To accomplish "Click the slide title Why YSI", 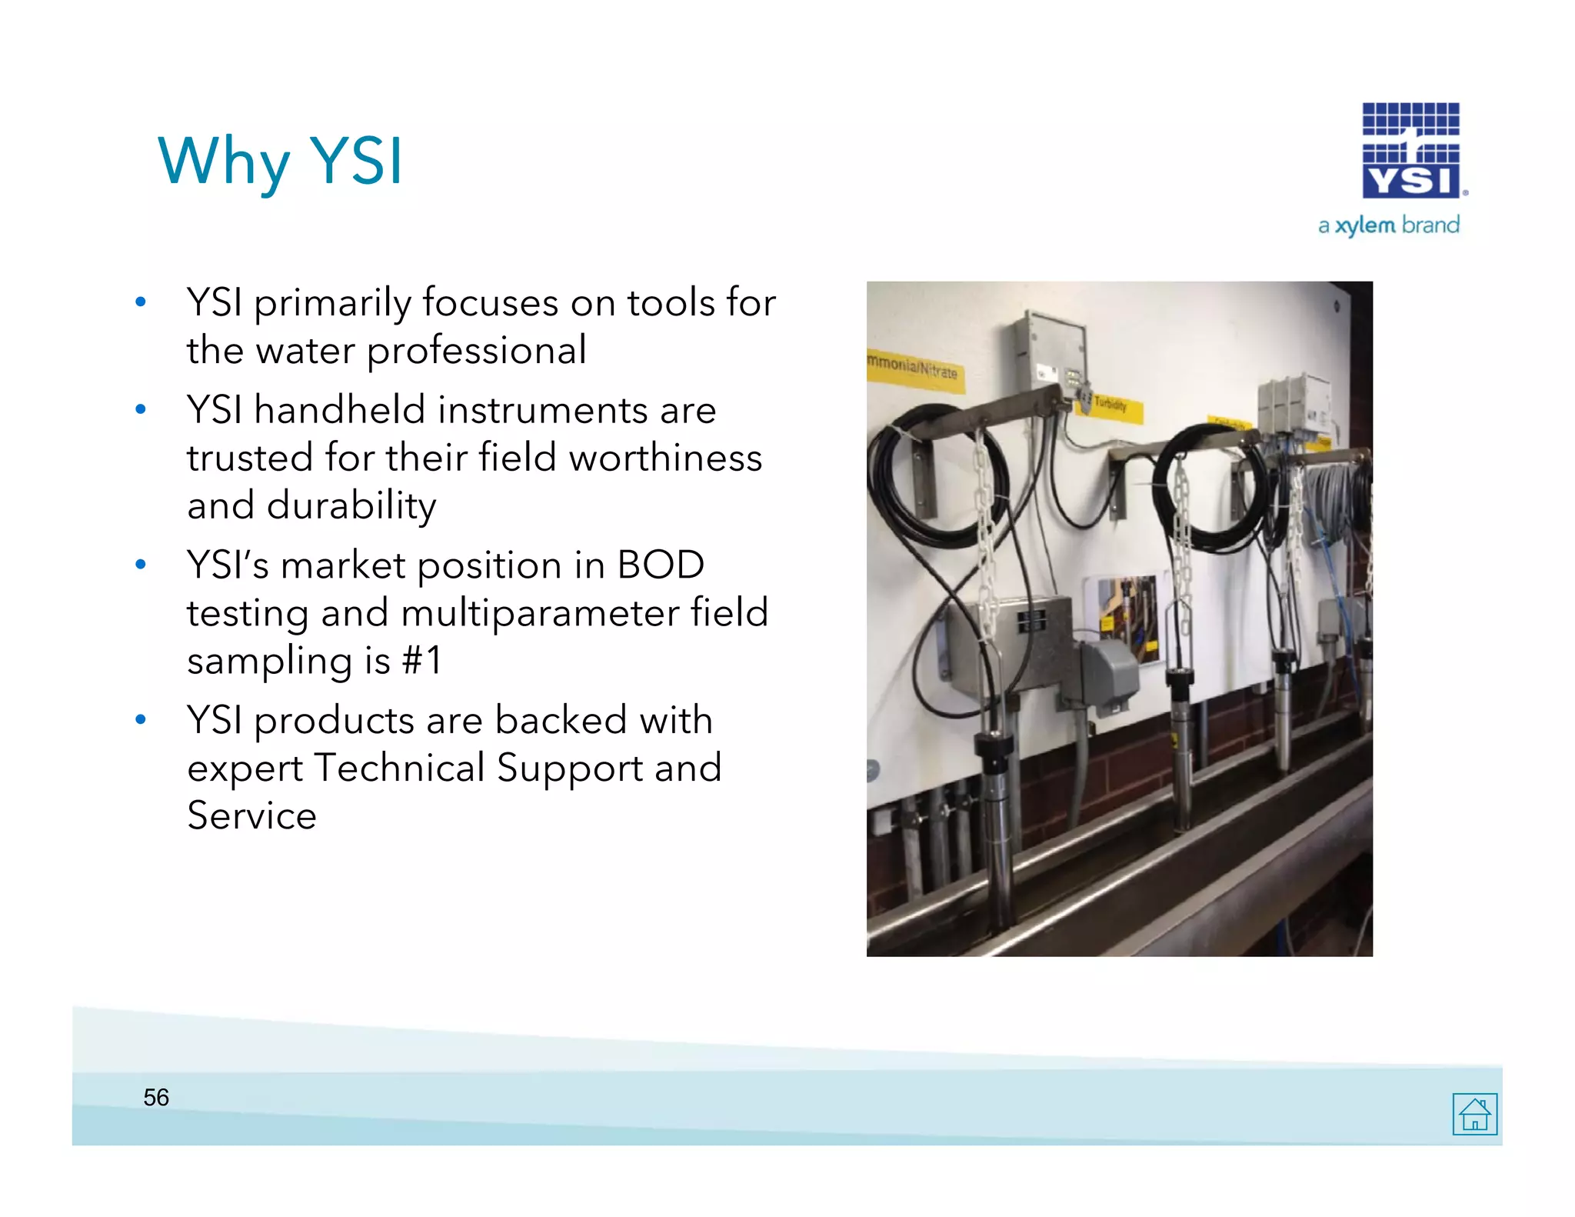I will (280, 162).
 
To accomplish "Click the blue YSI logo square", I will (1410, 151).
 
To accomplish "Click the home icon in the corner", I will (1474, 1113).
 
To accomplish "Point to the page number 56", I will (156, 1097).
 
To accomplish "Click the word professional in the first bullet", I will (476, 351).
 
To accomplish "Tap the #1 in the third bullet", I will (422, 660).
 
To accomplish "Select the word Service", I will (251, 815).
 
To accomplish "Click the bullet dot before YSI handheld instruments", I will (140, 409).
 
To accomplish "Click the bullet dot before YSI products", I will (140, 720).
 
